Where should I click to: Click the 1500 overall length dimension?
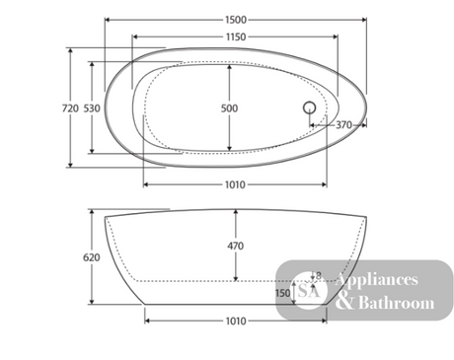236,20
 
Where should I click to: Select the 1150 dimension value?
236,36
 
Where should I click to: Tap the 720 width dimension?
70,108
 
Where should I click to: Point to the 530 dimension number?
92,108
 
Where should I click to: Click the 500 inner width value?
229,108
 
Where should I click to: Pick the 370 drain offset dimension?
343,125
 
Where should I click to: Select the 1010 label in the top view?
235,184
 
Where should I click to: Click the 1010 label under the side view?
236,321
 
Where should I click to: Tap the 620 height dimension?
92,257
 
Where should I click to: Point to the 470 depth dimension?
236,246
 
